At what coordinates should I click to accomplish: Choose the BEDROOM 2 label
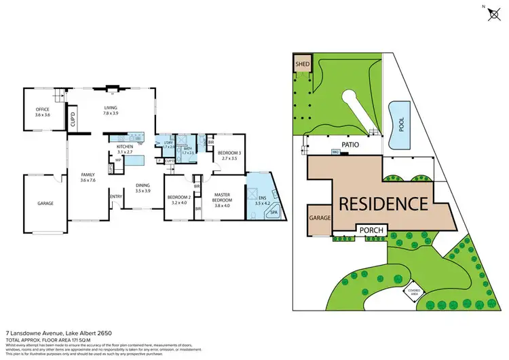tap(180, 199)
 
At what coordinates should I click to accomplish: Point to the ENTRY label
tap(116, 198)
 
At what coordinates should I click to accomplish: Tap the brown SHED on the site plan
tap(301, 65)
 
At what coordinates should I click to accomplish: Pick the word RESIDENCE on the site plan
tap(383, 203)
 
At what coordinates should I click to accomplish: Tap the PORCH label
tap(371, 231)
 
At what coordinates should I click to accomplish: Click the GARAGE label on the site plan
tap(320, 219)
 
